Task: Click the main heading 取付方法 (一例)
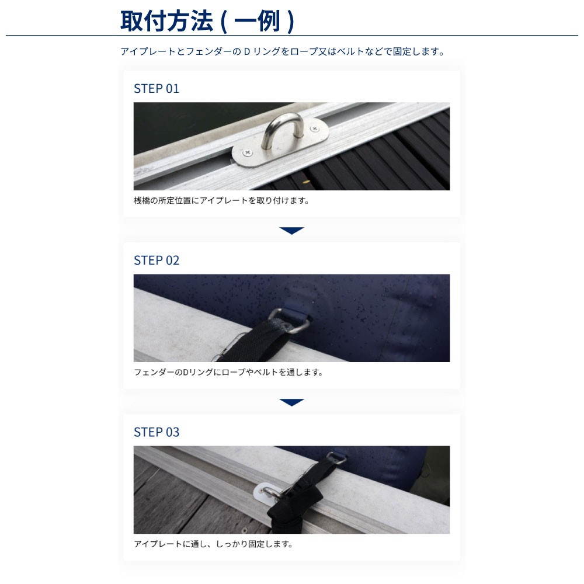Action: [207, 21]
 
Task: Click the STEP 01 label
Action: [157, 89]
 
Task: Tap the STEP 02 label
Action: [157, 260]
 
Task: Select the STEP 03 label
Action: [157, 432]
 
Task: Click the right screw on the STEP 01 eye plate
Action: [314, 129]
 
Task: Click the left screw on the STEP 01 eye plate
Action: [248, 152]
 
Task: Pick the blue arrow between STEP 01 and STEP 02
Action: [291, 231]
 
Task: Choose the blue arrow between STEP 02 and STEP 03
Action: [291, 402]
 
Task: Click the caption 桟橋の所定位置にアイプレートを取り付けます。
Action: [221, 200]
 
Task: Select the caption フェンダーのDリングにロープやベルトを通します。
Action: [228, 372]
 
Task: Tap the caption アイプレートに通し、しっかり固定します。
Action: [213, 544]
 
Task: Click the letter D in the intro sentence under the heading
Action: [246, 51]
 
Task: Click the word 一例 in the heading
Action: [258, 21]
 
